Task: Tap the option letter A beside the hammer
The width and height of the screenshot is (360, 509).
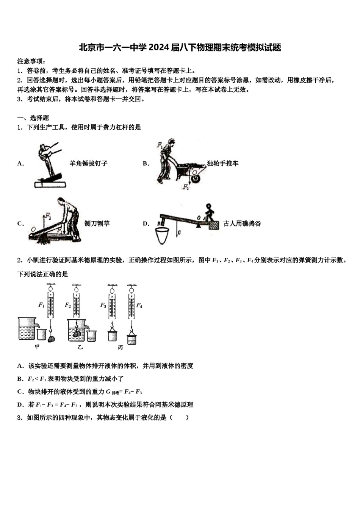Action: click(20, 164)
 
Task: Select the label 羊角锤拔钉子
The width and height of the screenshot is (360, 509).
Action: click(88, 164)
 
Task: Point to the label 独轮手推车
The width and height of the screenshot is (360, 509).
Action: click(223, 164)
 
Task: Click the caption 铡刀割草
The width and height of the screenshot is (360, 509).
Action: click(97, 223)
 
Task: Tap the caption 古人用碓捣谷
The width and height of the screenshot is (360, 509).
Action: click(242, 223)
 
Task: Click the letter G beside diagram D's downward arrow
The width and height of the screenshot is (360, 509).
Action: click(179, 232)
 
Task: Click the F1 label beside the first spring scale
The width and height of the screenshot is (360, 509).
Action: click(41, 305)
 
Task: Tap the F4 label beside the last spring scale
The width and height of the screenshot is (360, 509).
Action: click(139, 305)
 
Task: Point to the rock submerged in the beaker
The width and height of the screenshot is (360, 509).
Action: click(77, 334)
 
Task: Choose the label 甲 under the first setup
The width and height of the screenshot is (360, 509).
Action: click(37, 347)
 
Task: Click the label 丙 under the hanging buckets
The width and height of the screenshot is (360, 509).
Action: click(120, 347)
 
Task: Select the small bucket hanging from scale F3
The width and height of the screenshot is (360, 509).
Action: click(112, 336)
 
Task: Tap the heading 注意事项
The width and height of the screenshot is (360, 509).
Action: click(31, 61)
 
